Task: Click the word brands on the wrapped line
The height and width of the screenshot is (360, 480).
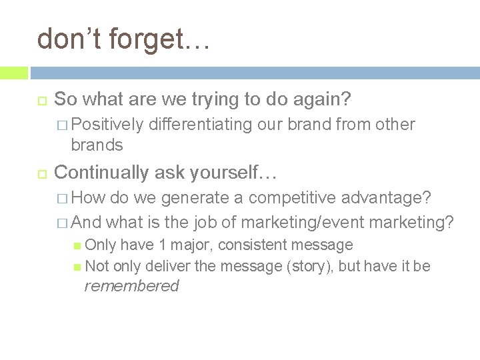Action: pos(97,144)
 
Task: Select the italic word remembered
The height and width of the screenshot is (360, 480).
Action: pos(131,287)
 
